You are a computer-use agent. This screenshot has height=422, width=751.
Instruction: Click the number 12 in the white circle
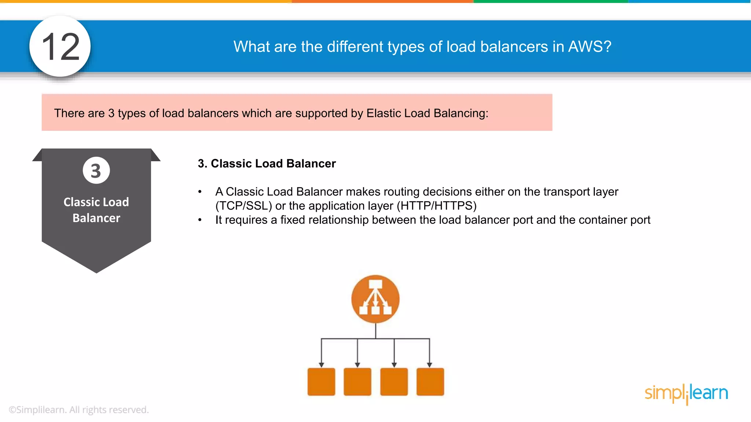point(61,47)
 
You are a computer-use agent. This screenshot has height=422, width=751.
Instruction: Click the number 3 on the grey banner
point(96,171)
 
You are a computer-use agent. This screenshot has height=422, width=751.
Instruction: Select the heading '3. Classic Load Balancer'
point(267,163)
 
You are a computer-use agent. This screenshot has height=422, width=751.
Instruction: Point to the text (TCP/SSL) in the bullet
point(243,206)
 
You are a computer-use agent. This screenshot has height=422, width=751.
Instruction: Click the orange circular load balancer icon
point(375,299)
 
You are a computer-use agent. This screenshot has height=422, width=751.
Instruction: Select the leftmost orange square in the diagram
point(321,382)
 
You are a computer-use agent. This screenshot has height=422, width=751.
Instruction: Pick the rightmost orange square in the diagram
point(430,382)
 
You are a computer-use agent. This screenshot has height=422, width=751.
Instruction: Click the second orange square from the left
point(358,382)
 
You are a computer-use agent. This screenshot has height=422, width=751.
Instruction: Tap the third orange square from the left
point(394,382)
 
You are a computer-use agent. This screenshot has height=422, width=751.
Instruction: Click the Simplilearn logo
point(686,393)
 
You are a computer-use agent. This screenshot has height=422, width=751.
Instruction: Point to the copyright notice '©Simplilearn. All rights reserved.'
point(78,410)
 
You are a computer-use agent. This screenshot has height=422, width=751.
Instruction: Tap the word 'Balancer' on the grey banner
point(96,218)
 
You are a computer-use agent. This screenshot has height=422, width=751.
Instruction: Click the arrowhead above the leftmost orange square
point(321,364)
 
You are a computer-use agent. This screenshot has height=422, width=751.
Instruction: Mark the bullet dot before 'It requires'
point(200,220)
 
